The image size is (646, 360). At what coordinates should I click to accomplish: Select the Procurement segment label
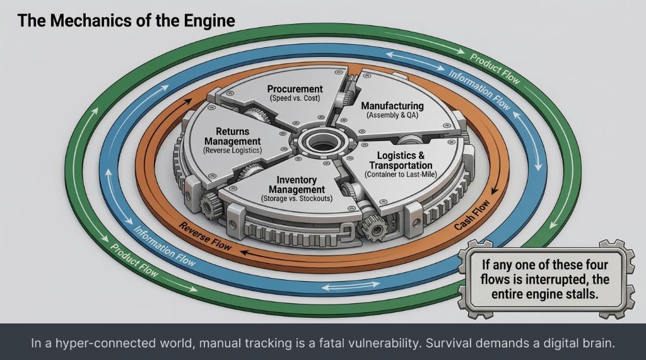295,89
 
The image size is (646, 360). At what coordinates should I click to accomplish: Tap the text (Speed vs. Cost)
295,98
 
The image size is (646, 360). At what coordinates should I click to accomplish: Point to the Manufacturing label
392,106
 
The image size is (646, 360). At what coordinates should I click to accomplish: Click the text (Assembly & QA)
392,116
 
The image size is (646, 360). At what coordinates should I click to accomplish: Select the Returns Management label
228,136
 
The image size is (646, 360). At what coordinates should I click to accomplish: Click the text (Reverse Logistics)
228,151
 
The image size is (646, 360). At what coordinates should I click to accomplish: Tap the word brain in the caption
599,344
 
